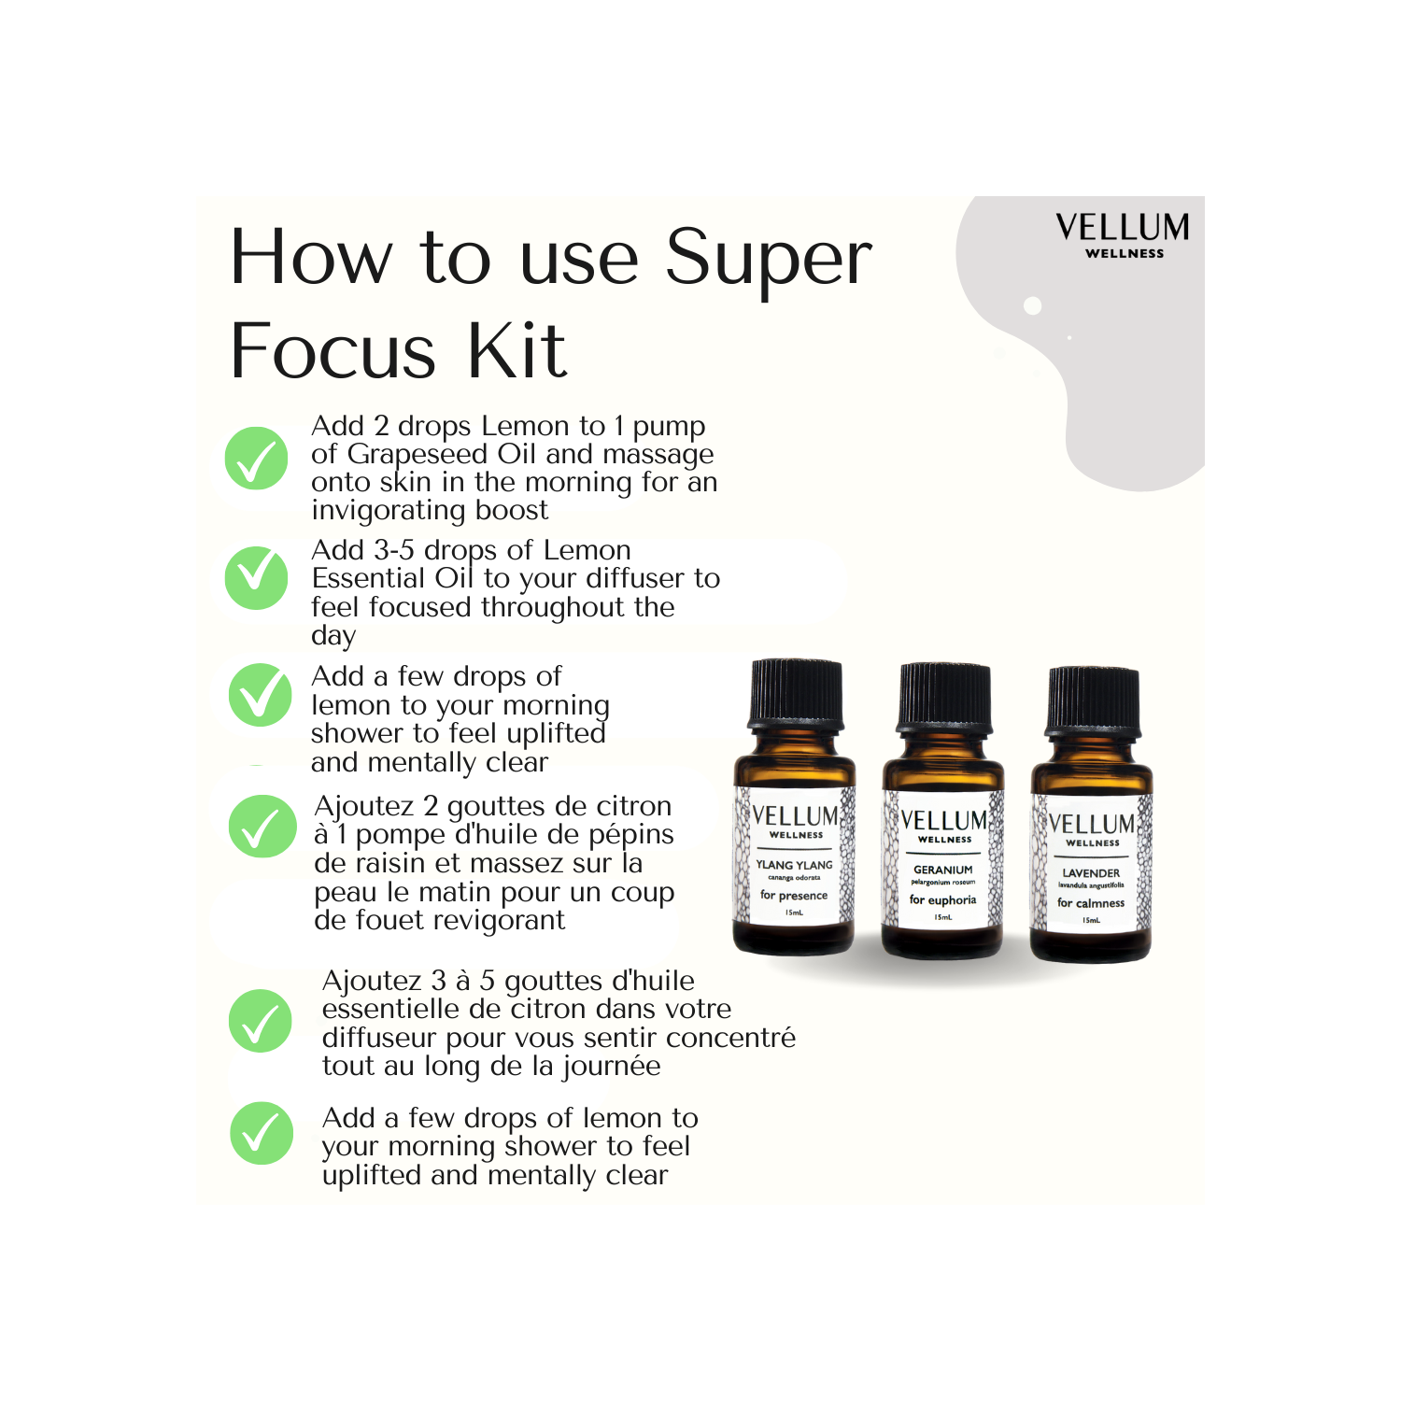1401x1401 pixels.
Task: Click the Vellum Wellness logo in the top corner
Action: coord(1123,235)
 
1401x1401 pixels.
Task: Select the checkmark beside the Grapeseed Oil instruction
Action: coord(256,458)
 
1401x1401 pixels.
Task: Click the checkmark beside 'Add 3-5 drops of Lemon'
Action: coord(256,578)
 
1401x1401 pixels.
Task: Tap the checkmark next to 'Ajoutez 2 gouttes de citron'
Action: coord(262,827)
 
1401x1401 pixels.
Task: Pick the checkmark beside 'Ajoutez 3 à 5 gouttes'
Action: coord(261,1021)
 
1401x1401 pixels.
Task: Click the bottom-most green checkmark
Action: coord(262,1133)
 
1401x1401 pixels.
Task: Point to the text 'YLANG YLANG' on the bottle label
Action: coord(794,865)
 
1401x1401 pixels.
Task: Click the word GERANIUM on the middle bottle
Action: coord(942,870)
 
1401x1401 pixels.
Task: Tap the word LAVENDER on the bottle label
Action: coord(1091,873)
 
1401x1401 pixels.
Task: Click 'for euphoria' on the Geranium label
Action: coord(942,900)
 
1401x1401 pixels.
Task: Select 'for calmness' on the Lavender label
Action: coord(1091,903)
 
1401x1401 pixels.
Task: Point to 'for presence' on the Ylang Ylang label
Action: coord(794,896)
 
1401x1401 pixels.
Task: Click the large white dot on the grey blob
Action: coord(1032,305)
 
